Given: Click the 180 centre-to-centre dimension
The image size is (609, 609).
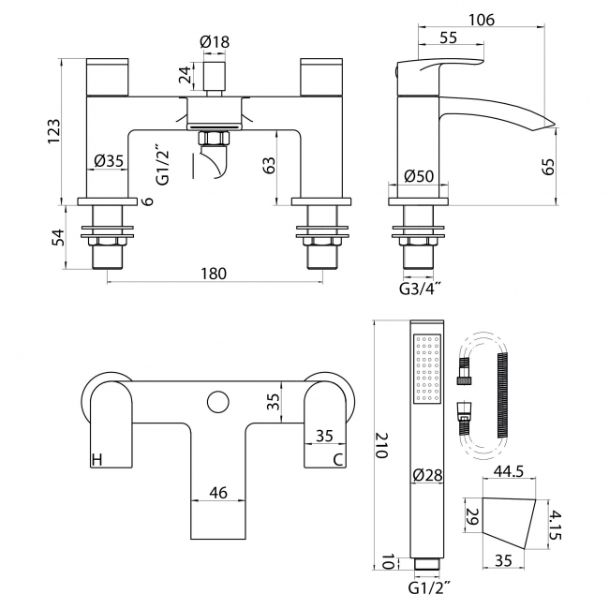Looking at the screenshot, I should coord(214,274).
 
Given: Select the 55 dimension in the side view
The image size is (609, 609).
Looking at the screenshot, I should coord(447,38).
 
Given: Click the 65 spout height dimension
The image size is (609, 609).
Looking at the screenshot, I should coord(549,166).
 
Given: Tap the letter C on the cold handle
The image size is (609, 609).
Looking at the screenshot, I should coord(337,459).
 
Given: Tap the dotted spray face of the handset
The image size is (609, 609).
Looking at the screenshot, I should coord(426,371).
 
